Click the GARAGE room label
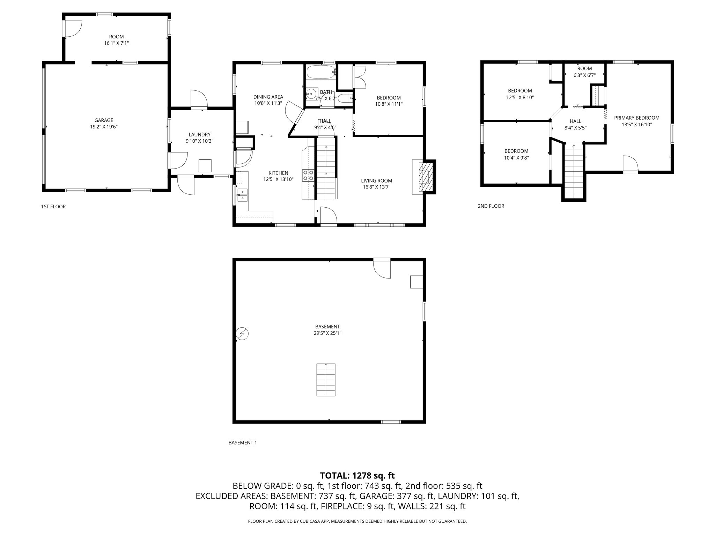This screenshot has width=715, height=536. click(x=104, y=120)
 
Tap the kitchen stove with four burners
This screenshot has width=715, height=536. click(x=308, y=175)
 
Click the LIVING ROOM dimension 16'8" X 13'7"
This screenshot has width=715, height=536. click(x=376, y=187)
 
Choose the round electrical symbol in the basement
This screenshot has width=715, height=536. click(x=242, y=334)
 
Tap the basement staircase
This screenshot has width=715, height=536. click(x=326, y=380)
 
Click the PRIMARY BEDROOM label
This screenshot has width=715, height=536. click(x=636, y=118)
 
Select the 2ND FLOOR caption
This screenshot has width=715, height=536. click(x=491, y=206)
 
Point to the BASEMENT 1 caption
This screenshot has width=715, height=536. click(x=243, y=442)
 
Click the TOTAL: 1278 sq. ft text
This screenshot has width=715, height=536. click(x=357, y=475)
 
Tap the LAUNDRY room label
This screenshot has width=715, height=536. click(x=199, y=135)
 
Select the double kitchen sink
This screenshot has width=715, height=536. click(x=242, y=195)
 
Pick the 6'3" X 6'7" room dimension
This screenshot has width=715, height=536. click(x=584, y=75)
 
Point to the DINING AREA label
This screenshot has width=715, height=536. click(x=268, y=97)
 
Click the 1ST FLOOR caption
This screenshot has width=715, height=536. click(x=53, y=207)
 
